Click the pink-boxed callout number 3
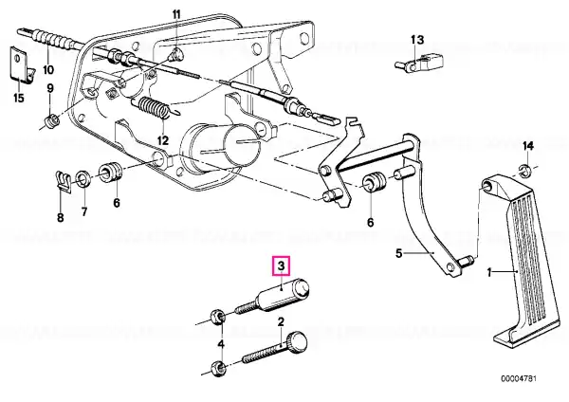tap(282, 265)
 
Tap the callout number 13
tap(417, 39)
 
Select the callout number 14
tap(528, 146)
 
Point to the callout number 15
tap(19, 98)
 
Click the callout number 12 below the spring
tap(163, 140)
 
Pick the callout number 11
tap(176, 15)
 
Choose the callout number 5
tap(399, 253)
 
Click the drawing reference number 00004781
tap(519, 379)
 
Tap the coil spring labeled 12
tap(154, 108)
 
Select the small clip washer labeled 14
tap(524, 170)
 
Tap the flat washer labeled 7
tap(84, 178)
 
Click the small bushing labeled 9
tap(52, 120)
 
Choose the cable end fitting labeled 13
tap(419, 63)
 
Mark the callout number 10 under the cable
tap(48, 69)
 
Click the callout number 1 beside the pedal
tap(489, 272)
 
